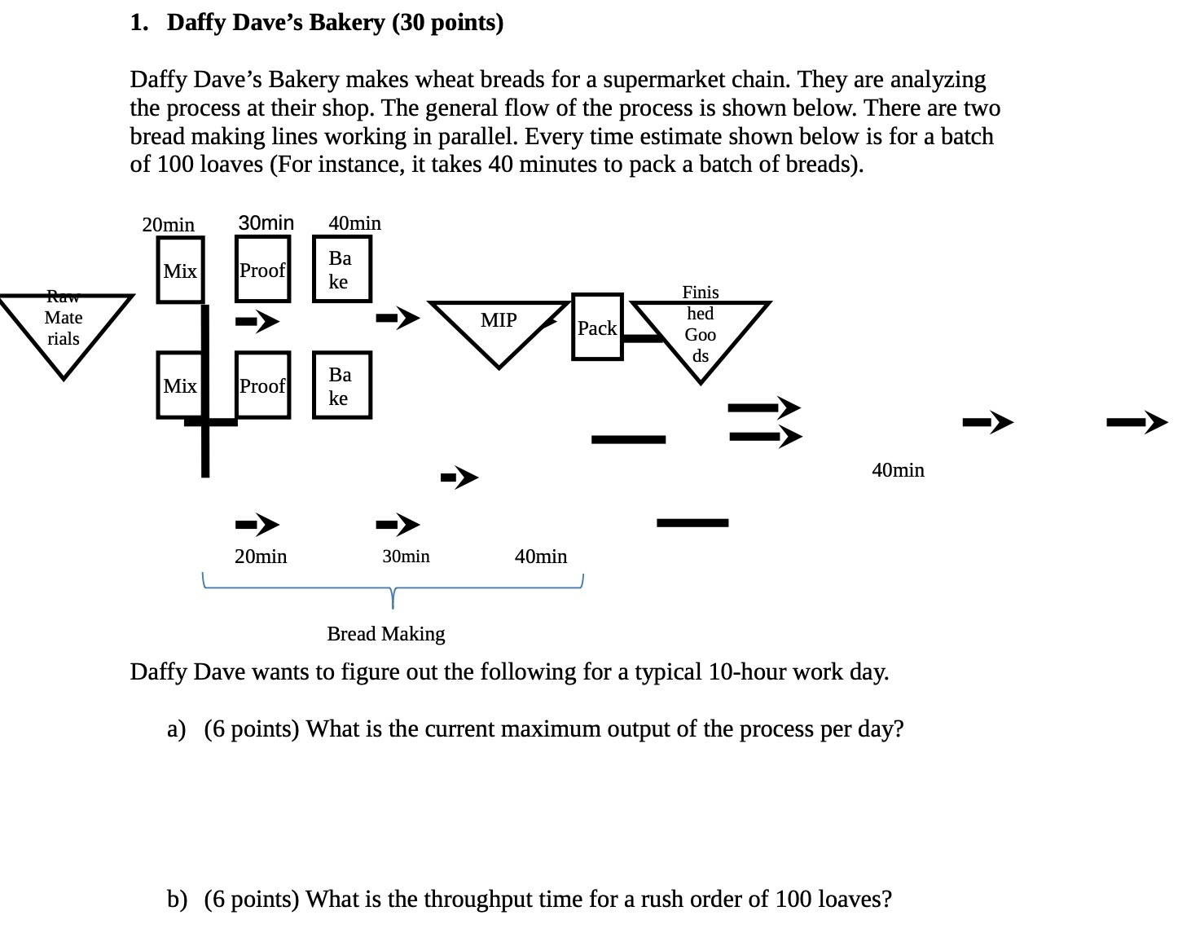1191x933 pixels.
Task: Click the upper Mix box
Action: pyautogui.click(x=180, y=270)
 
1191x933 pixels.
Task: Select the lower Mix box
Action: pyautogui.click(x=180, y=385)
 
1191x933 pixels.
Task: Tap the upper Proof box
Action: pyautogui.click(x=262, y=270)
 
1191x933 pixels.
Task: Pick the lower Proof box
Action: pyautogui.click(x=262, y=385)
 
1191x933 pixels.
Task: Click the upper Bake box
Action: pyautogui.click(x=341, y=269)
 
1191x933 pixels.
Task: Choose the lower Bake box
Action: pyautogui.click(x=341, y=385)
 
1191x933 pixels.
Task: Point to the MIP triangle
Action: pyautogui.click(x=499, y=326)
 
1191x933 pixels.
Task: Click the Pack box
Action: pyautogui.click(x=597, y=327)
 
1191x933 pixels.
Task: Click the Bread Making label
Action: pyautogui.click(x=386, y=633)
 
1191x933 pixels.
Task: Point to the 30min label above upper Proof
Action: pyautogui.click(x=266, y=222)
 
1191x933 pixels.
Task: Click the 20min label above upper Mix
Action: pyautogui.click(x=168, y=224)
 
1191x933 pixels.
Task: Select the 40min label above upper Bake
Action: pyautogui.click(x=354, y=223)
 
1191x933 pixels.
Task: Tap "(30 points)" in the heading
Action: pyautogui.click(x=447, y=22)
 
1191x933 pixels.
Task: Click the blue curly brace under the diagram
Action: pyautogui.click(x=393, y=588)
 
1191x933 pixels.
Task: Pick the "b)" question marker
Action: pyautogui.click(x=177, y=899)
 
